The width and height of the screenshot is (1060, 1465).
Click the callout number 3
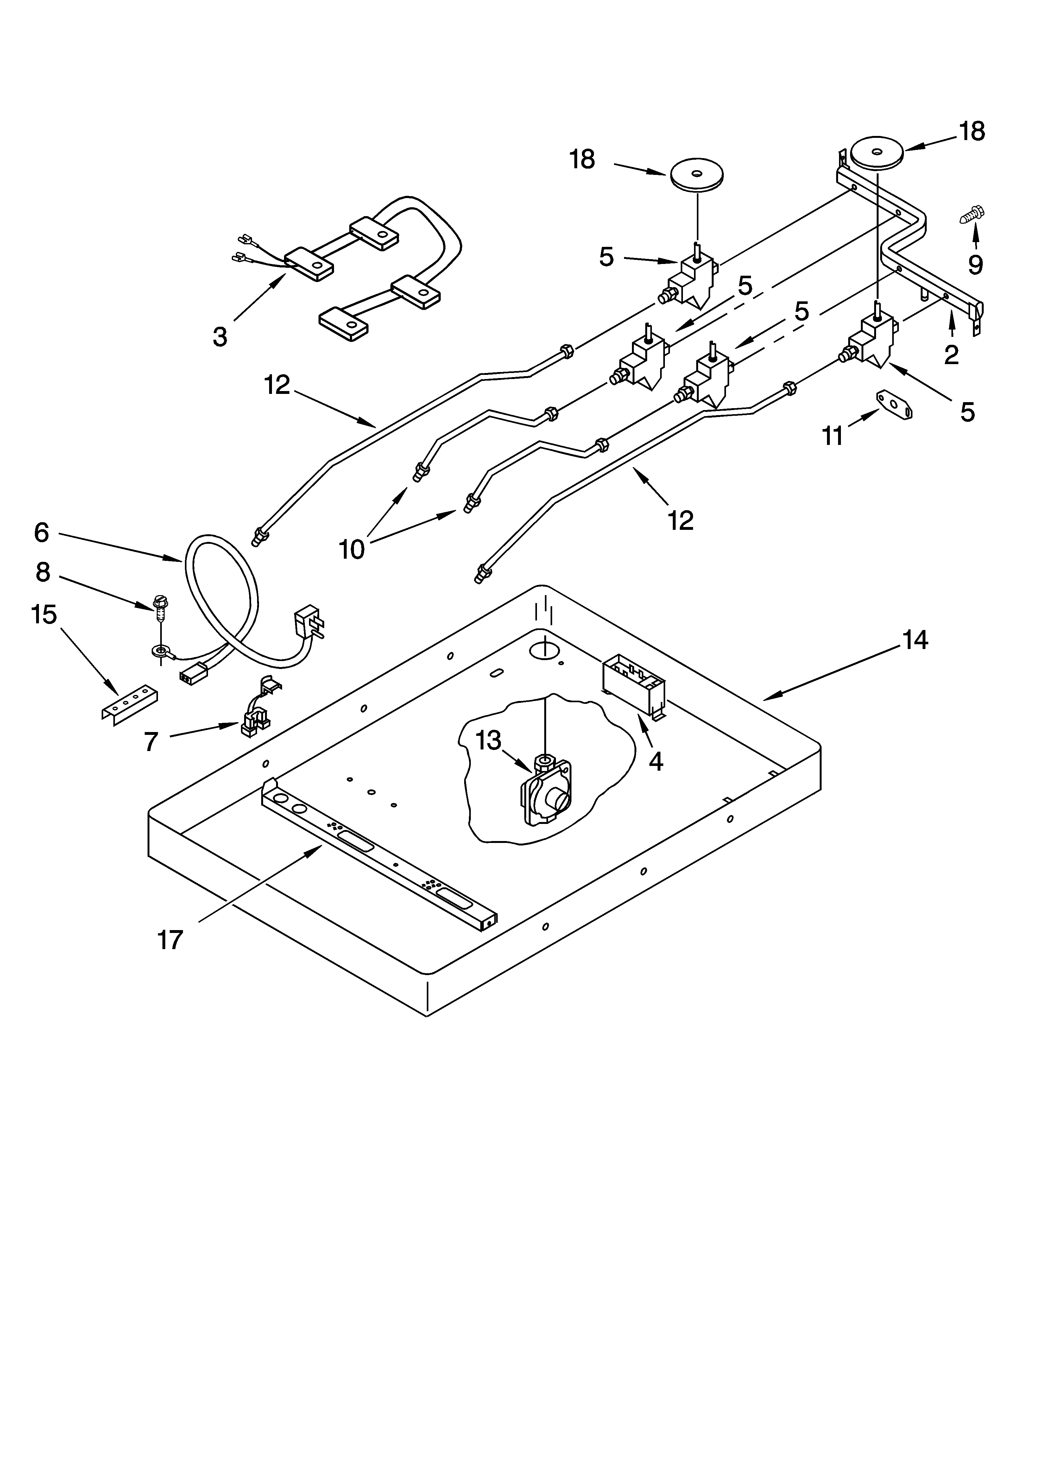pos(220,337)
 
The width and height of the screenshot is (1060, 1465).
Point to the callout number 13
pos(489,741)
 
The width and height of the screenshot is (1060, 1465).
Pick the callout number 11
pos(833,437)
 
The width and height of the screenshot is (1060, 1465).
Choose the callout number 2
pos(951,355)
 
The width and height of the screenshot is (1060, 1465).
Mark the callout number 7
pos(151,742)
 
